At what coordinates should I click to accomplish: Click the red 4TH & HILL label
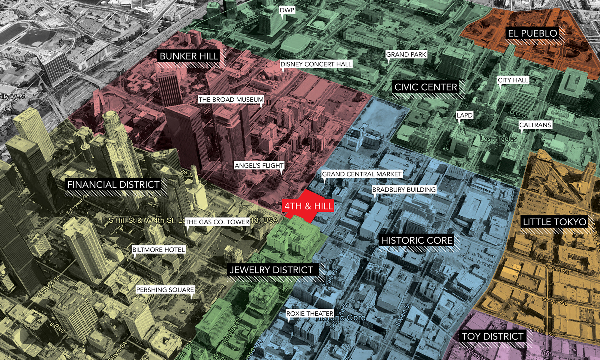click(x=308, y=206)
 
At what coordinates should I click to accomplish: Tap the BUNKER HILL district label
click(x=189, y=56)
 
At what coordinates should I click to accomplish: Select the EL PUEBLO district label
click(x=532, y=33)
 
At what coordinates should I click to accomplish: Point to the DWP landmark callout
click(x=287, y=10)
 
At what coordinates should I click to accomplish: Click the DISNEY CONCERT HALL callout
click(x=316, y=64)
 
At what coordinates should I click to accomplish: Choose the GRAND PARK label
click(x=406, y=55)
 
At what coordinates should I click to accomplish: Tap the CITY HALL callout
click(x=513, y=80)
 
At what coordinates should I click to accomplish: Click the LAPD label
click(x=464, y=115)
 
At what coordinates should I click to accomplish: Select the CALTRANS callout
click(x=535, y=125)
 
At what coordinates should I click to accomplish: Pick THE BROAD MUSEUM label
click(x=231, y=100)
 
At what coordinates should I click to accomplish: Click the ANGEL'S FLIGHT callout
click(x=259, y=166)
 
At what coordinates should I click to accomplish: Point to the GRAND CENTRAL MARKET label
click(x=361, y=174)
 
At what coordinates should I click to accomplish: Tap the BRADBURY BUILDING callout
click(x=404, y=190)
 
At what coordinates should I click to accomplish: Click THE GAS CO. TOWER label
click(x=217, y=222)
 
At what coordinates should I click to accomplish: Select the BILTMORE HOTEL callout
click(x=159, y=250)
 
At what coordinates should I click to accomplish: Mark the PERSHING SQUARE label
click(x=165, y=290)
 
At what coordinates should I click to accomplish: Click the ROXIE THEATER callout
click(x=310, y=313)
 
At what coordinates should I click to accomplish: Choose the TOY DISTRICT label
click(x=493, y=336)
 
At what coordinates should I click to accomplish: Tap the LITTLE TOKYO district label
click(x=554, y=222)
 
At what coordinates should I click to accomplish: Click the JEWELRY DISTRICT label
click(x=271, y=270)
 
